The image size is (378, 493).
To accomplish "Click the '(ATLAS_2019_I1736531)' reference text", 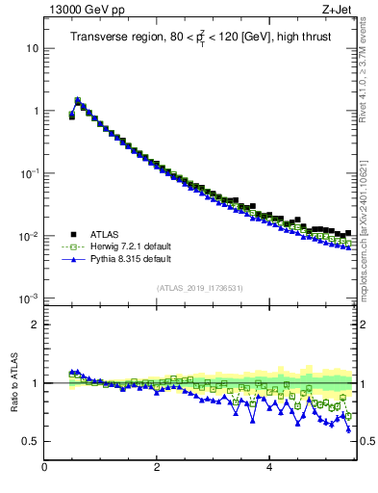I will point(199,288).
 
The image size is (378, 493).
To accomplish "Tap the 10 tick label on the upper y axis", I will point(32,48).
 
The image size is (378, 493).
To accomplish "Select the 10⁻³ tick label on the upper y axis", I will point(29,298).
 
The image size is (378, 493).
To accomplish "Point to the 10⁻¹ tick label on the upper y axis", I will point(29,173).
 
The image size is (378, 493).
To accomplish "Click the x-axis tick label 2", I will point(157,469).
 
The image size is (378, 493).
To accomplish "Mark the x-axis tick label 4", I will point(269,469).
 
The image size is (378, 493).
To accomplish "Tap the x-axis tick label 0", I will point(44,469).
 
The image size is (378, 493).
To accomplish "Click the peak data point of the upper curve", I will point(77,99).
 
